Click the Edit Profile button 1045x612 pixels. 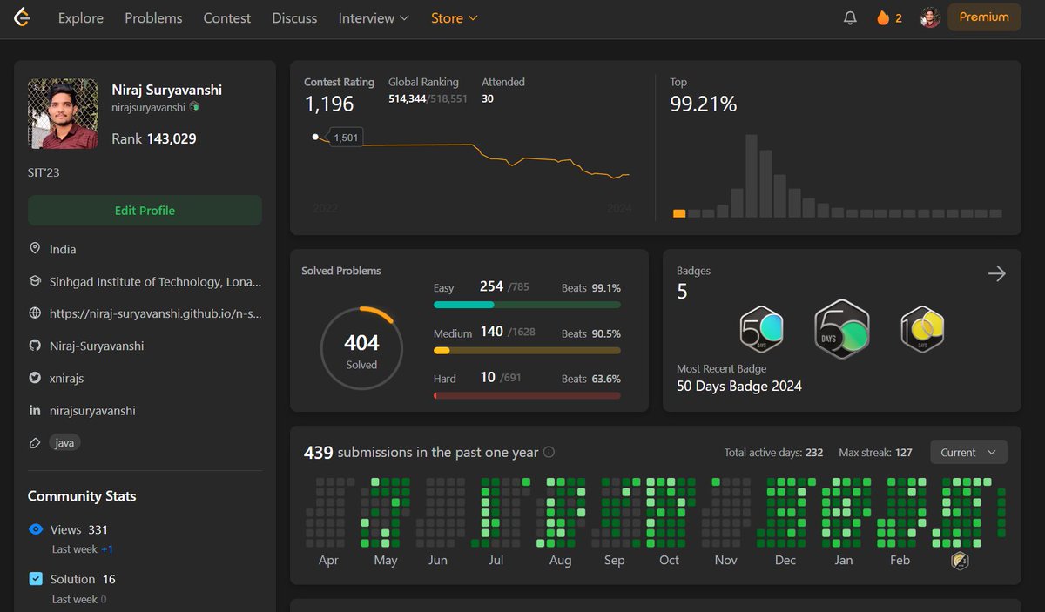coord(145,211)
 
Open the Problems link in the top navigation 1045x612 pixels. coord(153,18)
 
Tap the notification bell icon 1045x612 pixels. coord(850,17)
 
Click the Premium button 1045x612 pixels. coord(984,17)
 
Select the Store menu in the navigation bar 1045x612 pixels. coord(454,18)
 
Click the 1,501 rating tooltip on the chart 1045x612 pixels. coord(346,138)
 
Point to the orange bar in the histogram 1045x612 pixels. coord(678,213)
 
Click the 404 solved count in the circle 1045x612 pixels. coord(361,343)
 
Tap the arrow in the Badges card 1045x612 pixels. coord(996,273)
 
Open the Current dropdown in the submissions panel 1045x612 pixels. coord(968,452)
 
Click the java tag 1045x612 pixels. coord(64,442)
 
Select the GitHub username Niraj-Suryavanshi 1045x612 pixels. coord(97,346)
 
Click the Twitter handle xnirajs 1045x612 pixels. coord(67,379)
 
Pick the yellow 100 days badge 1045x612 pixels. coord(922,329)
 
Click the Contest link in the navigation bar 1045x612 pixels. coord(226,18)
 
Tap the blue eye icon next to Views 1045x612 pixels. coord(36,529)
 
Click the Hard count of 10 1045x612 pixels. coord(488,377)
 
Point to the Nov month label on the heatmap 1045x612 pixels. coord(725,560)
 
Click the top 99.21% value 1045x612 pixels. coord(703,104)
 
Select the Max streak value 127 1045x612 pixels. coord(904,453)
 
